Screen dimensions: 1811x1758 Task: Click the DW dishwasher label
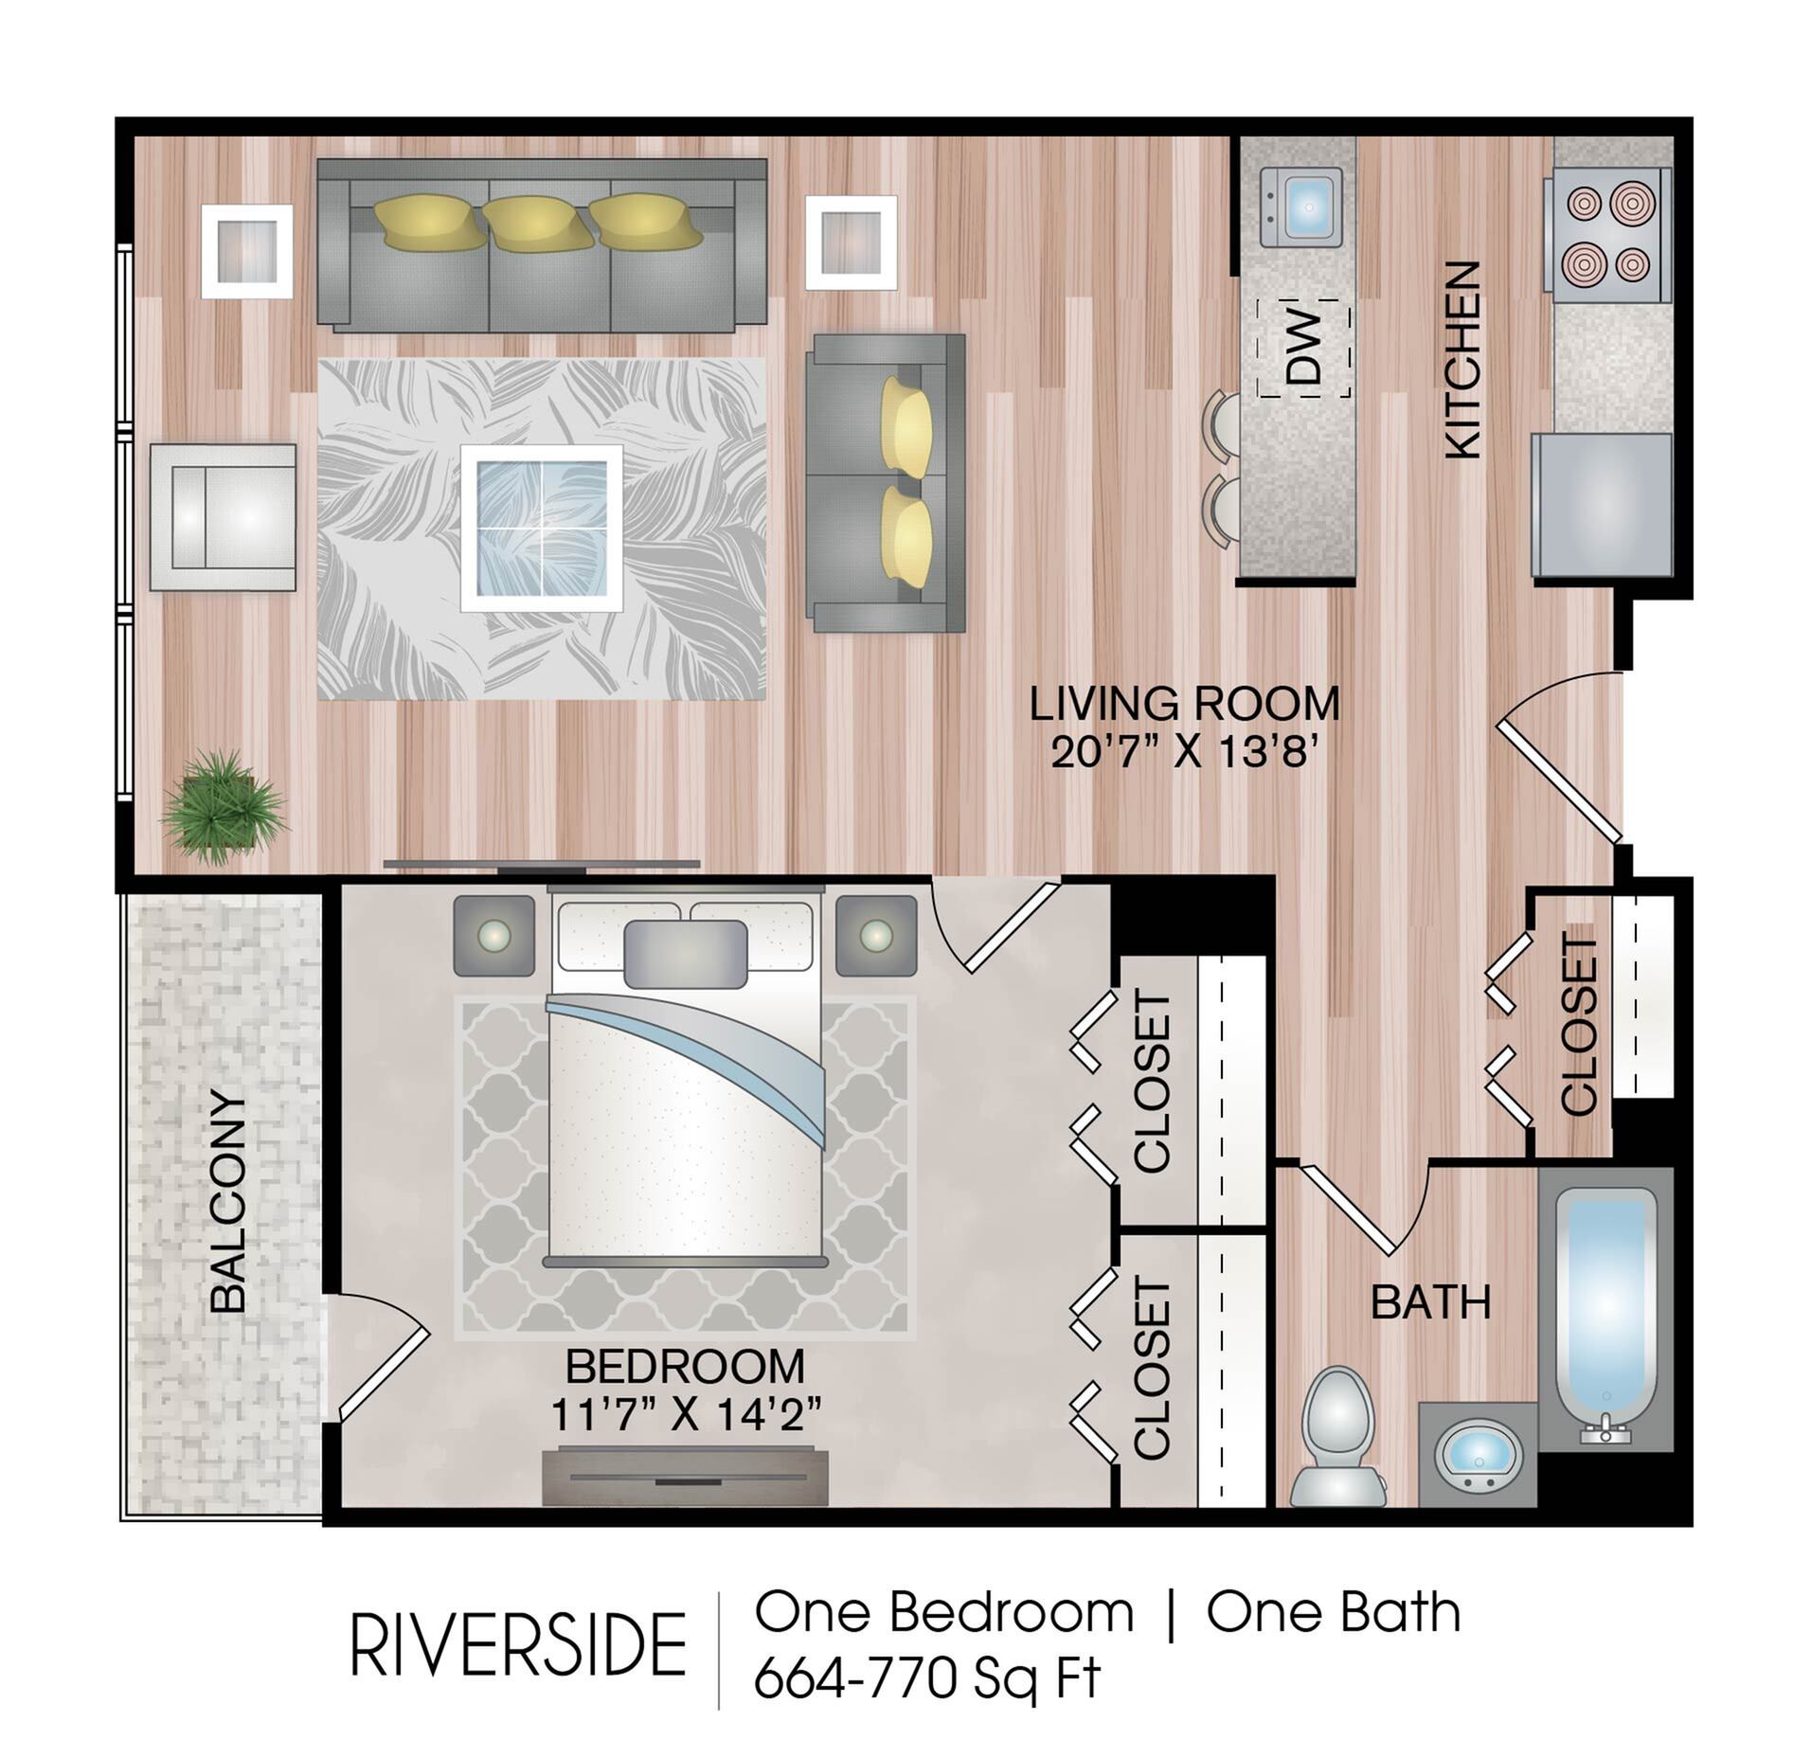1305,348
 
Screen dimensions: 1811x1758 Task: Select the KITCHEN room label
1461,360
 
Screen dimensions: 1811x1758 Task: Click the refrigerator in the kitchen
1602,505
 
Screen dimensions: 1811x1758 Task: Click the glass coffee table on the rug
541,528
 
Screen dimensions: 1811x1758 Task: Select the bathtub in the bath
1605,1311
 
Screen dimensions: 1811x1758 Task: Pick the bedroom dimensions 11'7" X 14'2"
685,1416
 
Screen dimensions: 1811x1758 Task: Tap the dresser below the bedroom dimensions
685,1476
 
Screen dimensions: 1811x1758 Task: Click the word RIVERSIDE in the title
518,1646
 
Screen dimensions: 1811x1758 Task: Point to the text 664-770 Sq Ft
926,1679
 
